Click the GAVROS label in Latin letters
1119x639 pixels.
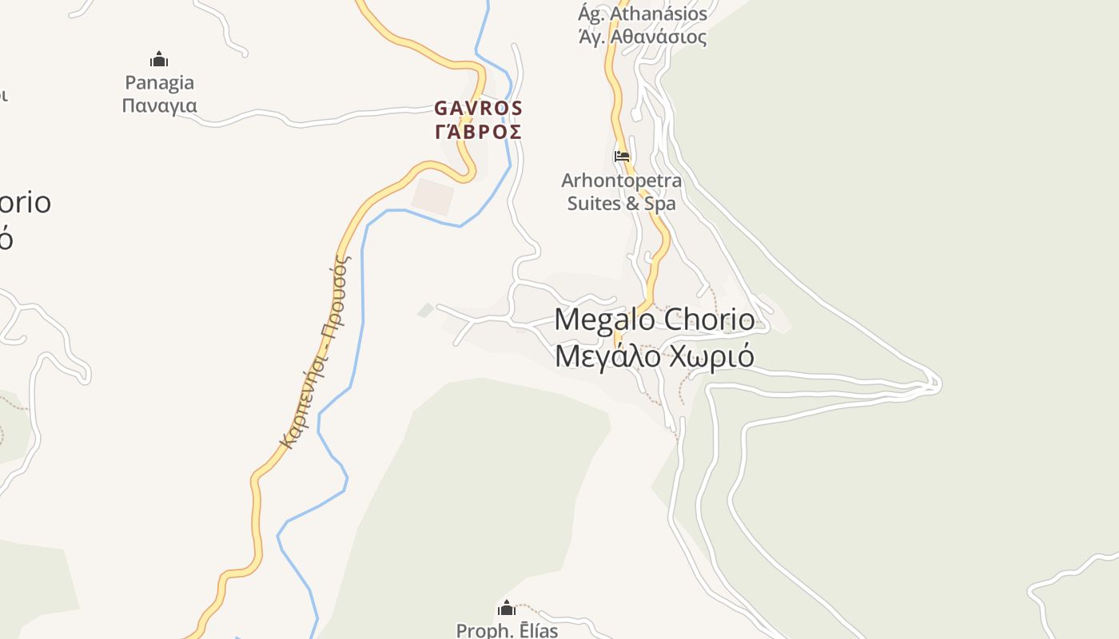point(478,108)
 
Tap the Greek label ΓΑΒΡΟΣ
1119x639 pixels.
point(478,132)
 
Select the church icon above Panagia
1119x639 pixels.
point(159,59)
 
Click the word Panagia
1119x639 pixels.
point(159,82)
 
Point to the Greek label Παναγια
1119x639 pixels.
point(159,105)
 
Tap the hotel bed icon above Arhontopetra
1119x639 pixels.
point(622,156)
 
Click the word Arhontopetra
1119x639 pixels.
point(622,180)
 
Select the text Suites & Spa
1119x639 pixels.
point(622,203)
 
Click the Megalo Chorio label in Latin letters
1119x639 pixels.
point(654,319)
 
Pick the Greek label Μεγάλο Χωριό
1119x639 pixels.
point(654,355)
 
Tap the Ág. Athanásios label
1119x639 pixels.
point(643,14)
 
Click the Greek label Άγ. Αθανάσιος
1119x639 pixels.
point(643,37)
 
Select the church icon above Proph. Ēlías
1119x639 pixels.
point(507,608)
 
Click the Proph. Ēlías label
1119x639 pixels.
point(507,630)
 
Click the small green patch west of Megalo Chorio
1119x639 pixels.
point(426,310)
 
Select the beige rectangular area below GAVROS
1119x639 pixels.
point(432,196)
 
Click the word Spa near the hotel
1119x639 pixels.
point(660,203)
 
